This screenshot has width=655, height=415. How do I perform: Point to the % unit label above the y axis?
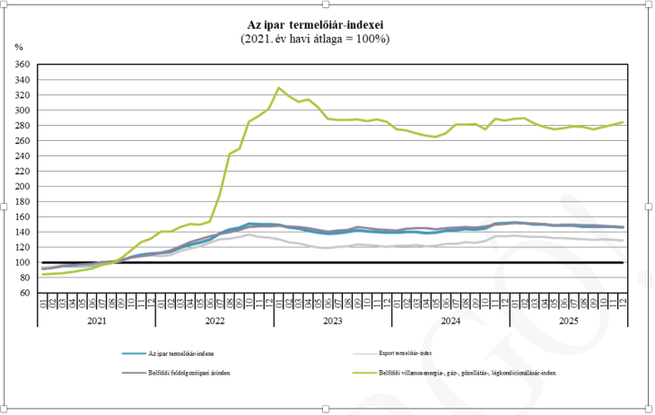click(x=19, y=46)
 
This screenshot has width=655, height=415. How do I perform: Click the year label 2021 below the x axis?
click(x=99, y=319)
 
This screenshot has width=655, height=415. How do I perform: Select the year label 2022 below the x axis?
click(x=215, y=319)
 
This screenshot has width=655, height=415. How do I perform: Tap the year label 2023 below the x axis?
click(x=332, y=319)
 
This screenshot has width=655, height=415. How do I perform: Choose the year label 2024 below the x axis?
click(x=449, y=319)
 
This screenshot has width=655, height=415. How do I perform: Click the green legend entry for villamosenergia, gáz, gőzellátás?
click(x=467, y=372)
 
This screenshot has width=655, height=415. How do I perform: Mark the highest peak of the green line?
click(x=279, y=88)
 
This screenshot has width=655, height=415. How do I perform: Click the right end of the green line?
click(x=623, y=122)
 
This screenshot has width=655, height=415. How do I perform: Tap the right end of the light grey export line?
click(x=623, y=241)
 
